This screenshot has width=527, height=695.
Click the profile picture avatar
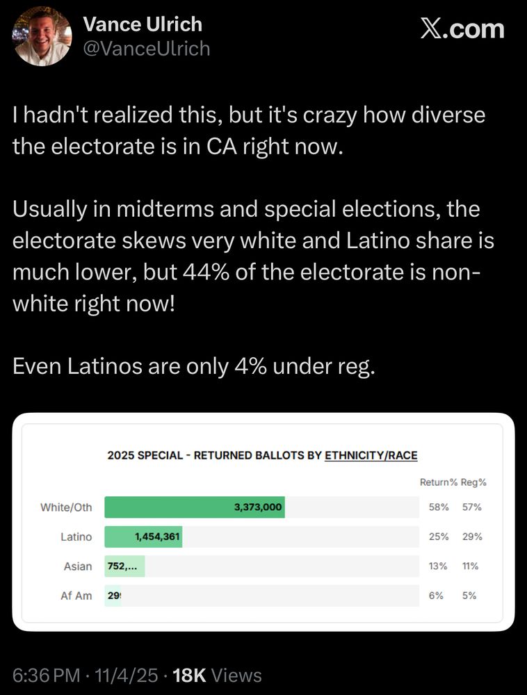(42, 36)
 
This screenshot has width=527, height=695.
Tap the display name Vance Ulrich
(142, 24)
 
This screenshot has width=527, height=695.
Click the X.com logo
(463, 29)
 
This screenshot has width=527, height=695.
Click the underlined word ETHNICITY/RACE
(371, 456)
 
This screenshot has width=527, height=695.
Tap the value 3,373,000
(258, 507)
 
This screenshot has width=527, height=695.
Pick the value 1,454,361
(158, 537)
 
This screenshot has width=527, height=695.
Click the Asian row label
(78, 566)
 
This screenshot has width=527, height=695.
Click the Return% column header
(438, 482)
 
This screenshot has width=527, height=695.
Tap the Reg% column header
(473, 482)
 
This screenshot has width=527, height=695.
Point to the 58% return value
(439, 507)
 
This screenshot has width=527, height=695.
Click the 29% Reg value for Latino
(471, 537)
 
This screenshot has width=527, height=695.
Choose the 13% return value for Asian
(438, 566)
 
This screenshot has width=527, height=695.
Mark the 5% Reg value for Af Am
(471, 596)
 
